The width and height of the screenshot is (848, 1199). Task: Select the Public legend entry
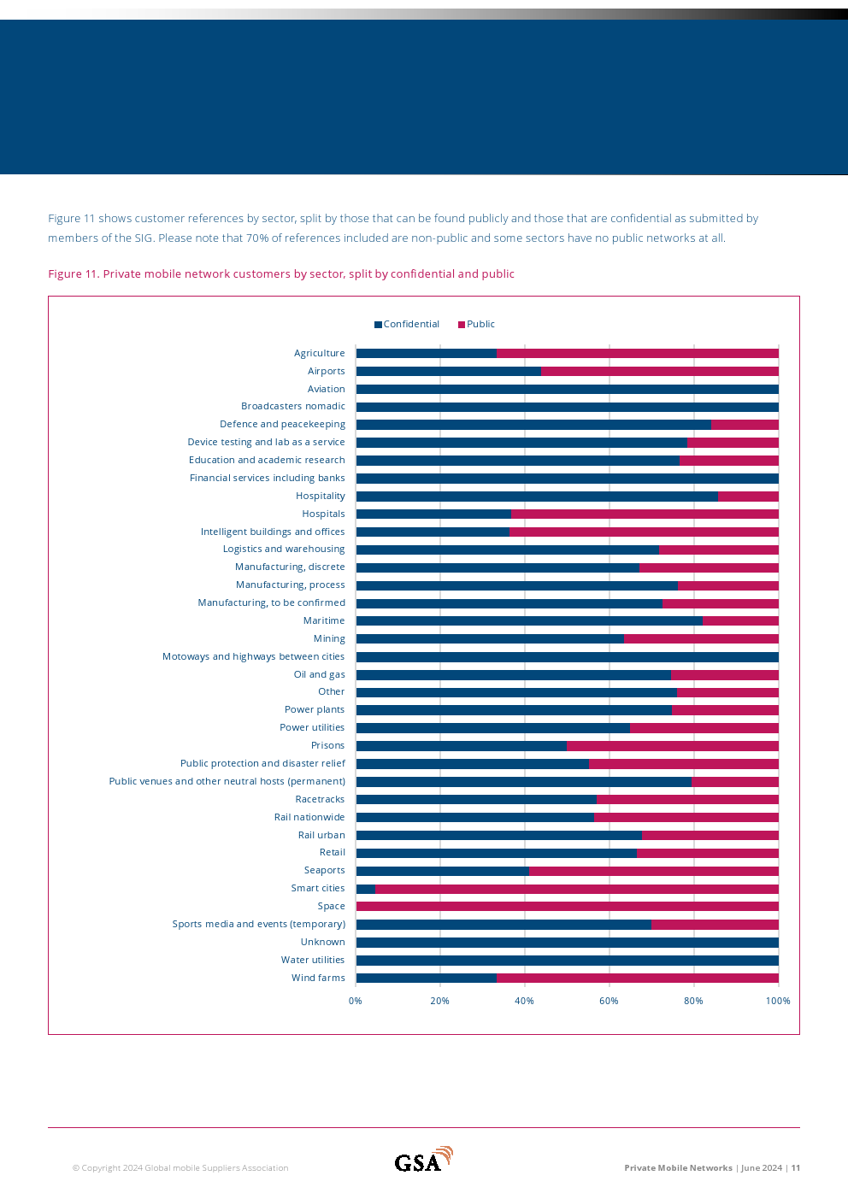tap(476, 325)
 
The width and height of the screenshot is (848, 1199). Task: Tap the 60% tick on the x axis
tap(609, 1001)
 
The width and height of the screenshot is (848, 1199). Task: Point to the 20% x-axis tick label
tap(439, 1001)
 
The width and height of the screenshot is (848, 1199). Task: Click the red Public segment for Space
tap(567, 907)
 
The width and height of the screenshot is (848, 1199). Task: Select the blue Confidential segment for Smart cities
tap(366, 889)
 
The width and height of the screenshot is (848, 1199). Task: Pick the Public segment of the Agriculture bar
tap(637, 354)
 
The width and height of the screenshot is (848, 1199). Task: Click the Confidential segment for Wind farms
tap(426, 979)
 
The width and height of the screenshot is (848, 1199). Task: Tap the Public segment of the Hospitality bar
tap(748, 497)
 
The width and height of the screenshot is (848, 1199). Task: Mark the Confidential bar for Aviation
tap(567, 390)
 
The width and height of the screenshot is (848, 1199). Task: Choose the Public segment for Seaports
tap(653, 871)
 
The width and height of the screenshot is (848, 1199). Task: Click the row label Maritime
tap(324, 621)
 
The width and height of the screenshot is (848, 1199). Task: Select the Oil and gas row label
tap(320, 675)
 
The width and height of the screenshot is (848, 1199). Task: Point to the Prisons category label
tap(328, 746)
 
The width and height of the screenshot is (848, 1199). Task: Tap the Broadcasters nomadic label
tap(293, 407)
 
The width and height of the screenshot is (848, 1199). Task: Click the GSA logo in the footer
tap(423, 1161)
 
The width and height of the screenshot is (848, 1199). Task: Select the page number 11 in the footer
tap(796, 1168)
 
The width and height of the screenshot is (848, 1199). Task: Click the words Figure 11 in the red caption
tap(72, 274)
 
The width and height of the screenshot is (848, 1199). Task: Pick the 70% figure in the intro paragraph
tap(257, 238)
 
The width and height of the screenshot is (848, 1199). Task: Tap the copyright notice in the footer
tap(180, 1168)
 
